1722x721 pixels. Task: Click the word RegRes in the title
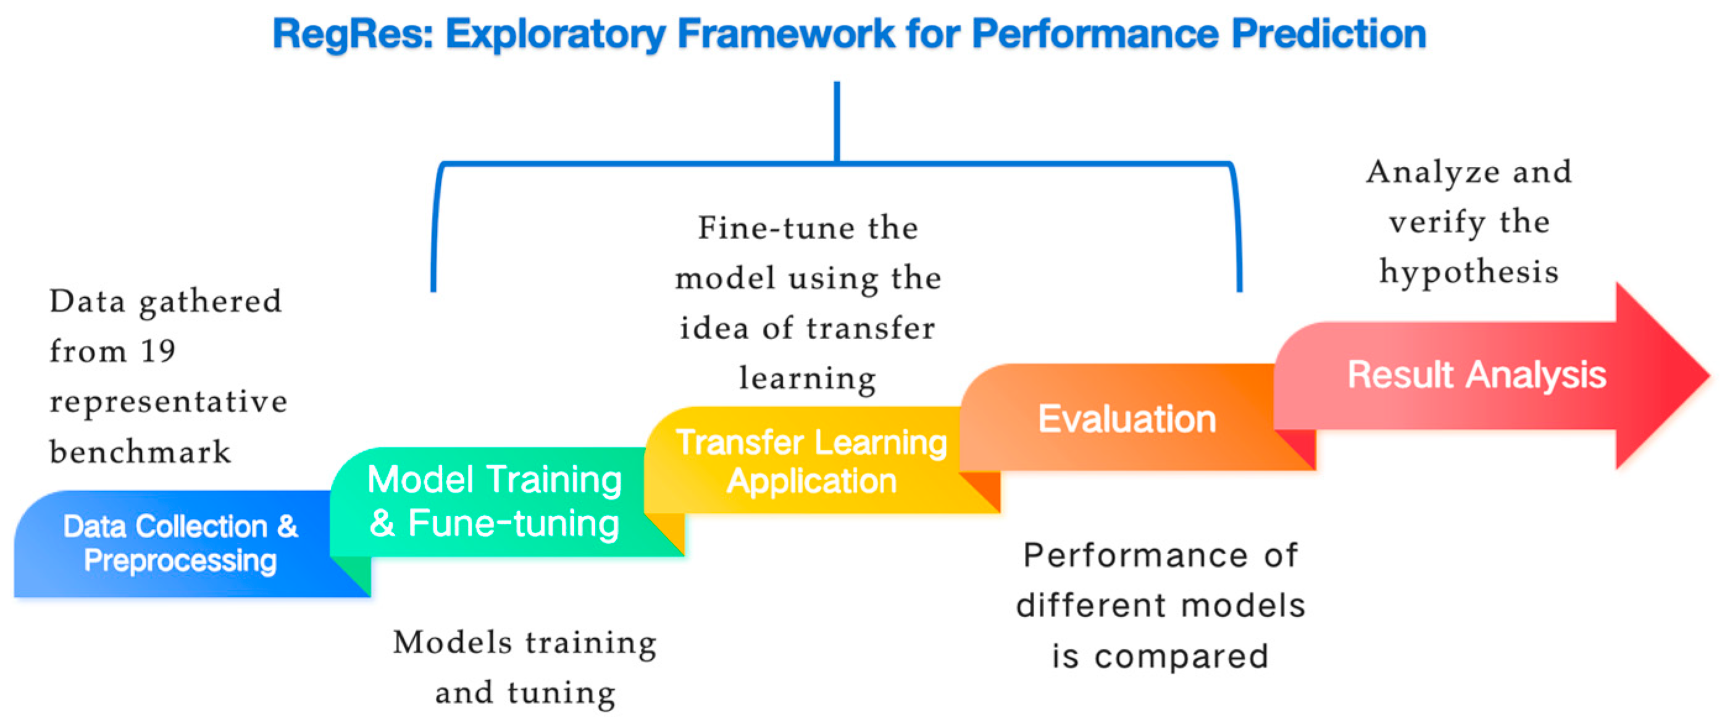(353, 35)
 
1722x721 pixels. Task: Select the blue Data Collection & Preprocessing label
(180, 543)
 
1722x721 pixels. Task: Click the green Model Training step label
(495, 479)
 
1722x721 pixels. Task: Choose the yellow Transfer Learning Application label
(811, 462)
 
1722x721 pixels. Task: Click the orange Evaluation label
(1127, 420)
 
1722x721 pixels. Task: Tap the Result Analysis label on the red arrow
(1477, 374)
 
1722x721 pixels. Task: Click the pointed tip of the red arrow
(1708, 375)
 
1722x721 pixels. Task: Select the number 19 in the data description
(158, 351)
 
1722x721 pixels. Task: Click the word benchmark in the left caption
(140, 452)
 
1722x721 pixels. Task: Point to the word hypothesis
(1469, 272)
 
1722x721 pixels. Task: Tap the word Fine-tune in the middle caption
(776, 228)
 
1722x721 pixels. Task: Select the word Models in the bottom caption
(453, 642)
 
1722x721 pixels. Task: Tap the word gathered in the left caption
(210, 302)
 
